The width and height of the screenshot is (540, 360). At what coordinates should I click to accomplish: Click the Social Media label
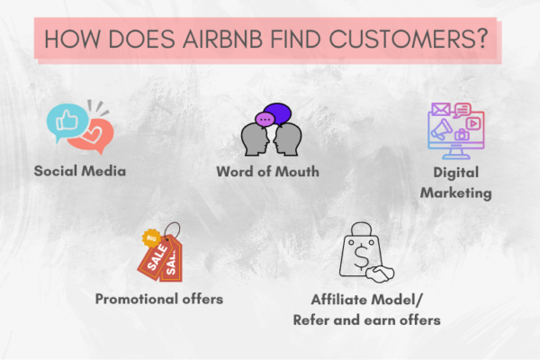click(x=79, y=170)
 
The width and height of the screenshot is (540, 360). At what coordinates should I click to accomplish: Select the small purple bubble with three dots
click(x=265, y=120)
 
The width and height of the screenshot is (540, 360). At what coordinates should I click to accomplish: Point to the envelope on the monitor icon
click(x=440, y=112)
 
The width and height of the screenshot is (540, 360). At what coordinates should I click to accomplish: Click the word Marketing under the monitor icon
click(x=458, y=192)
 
